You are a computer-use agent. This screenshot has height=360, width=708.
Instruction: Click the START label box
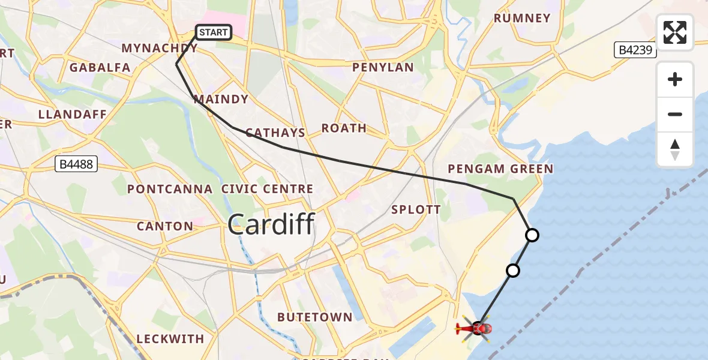click(214, 32)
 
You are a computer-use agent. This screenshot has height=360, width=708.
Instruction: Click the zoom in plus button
click(675, 79)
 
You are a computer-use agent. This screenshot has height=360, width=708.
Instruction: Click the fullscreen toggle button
click(675, 32)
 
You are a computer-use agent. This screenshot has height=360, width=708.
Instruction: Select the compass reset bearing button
click(675, 149)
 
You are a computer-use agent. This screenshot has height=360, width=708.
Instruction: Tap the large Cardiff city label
click(271, 225)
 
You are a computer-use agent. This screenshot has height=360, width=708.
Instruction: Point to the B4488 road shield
click(76, 163)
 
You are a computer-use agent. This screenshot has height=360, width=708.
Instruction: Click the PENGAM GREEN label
click(500, 169)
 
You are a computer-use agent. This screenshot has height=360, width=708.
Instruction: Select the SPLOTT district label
click(416, 210)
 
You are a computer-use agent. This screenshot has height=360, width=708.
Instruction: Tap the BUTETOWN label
click(314, 317)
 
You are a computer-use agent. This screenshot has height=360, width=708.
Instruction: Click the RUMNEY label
click(522, 18)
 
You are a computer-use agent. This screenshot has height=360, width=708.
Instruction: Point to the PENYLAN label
click(383, 67)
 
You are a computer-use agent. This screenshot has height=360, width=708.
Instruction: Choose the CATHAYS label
click(275, 133)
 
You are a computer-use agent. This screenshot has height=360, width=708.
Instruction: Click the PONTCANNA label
click(170, 189)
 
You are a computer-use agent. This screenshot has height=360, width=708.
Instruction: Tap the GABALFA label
click(100, 67)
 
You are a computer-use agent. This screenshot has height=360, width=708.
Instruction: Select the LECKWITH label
click(170, 339)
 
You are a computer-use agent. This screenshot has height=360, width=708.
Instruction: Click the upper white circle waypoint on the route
click(532, 235)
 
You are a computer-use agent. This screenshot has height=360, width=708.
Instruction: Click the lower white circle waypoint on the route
click(512, 271)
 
